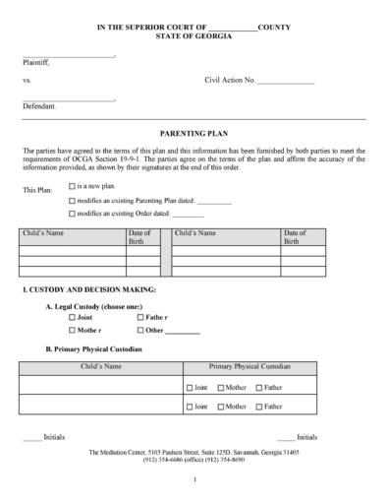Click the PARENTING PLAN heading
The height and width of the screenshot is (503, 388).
point(193,132)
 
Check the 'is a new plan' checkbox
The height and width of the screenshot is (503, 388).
point(72,185)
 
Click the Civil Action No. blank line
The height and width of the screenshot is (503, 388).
point(286,79)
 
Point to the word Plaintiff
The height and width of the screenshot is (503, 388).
point(36,61)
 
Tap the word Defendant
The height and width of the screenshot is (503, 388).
point(39,104)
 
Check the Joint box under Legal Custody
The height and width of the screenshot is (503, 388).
point(72,318)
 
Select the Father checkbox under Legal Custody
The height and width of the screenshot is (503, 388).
point(140,318)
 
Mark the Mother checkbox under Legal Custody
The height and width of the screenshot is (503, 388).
point(72,331)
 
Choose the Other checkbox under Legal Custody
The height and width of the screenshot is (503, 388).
point(140,331)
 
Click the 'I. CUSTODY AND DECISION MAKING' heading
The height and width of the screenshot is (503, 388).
point(88,290)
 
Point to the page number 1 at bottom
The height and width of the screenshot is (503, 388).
point(194,479)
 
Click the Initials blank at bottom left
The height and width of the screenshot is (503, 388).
point(32,436)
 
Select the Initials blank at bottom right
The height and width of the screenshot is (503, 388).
point(286,436)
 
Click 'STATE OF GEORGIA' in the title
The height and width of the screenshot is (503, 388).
point(194,36)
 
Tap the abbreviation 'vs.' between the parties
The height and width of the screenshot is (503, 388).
point(28,79)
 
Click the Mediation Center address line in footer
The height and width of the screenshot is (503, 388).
point(194,452)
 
